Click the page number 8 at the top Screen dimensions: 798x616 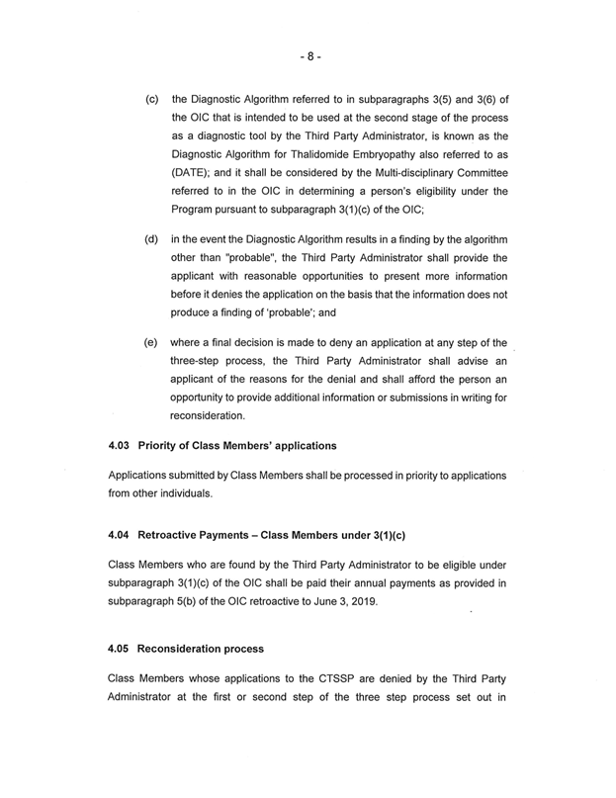click(x=308, y=56)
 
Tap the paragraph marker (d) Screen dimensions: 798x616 click(x=153, y=239)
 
